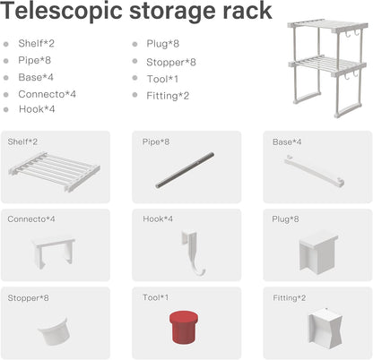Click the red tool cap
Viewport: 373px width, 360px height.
click(x=184, y=327)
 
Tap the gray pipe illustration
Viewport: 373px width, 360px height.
click(x=185, y=170)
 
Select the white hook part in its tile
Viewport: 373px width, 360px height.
click(x=193, y=253)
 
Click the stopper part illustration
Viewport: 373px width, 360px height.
click(x=54, y=331)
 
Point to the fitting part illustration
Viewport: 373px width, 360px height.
click(x=325, y=329)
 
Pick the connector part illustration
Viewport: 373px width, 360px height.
click(x=53, y=253)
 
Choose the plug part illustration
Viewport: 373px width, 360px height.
click(x=318, y=253)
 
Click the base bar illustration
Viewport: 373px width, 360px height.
click(x=314, y=171)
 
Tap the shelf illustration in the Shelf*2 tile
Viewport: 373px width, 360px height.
click(x=54, y=171)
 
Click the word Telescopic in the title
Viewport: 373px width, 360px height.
click(x=62, y=12)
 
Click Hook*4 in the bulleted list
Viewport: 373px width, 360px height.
click(x=37, y=109)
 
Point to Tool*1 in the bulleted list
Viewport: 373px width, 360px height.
click(x=162, y=79)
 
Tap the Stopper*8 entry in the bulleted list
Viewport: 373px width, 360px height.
click(x=171, y=62)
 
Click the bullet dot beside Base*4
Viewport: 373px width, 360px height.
click(x=6, y=78)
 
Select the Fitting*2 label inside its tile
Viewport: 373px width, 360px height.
click(x=289, y=298)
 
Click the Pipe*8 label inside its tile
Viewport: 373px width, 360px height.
click(x=156, y=141)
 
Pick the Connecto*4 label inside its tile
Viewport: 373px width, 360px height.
click(x=31, y=219)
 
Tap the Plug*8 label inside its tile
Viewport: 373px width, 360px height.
click(x=285, y=219)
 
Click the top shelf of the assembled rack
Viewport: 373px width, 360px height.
click(x=328, y=26)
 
